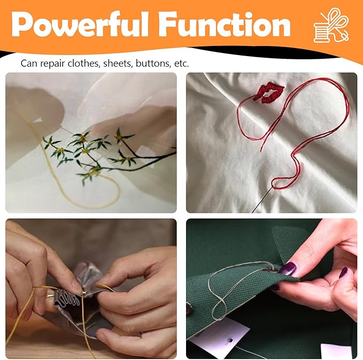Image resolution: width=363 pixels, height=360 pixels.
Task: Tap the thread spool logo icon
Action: [x=331, y=25]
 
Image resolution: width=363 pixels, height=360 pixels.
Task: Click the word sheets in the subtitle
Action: [x=118, y=64]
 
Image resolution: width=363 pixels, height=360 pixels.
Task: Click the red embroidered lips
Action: [x=268, y=92]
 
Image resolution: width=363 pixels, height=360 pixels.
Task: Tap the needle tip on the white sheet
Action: [x=253, y=212]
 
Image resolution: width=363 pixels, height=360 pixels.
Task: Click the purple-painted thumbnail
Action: [x=289, y=268]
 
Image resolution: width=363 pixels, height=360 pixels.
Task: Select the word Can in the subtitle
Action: [x=29, y=64]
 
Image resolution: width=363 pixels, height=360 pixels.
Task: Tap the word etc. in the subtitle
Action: [x=181, y=64]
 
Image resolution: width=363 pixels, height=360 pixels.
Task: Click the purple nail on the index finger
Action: [x=343, y=272]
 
